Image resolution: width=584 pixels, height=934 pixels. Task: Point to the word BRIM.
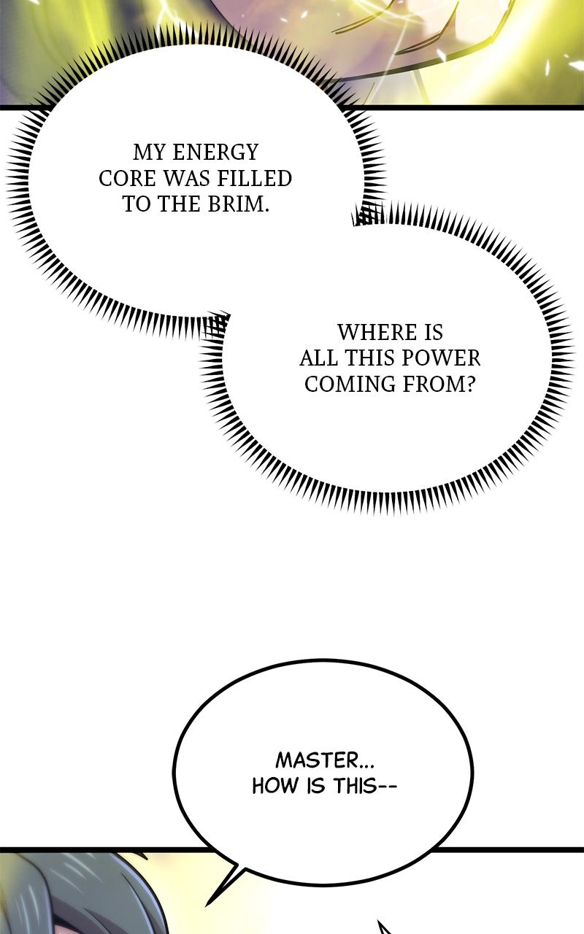click(237, 204)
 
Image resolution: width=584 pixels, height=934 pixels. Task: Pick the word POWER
click(445, 358)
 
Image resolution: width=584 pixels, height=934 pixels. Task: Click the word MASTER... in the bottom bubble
click(325, 760)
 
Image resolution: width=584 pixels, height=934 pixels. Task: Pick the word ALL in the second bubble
click(319, 358)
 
